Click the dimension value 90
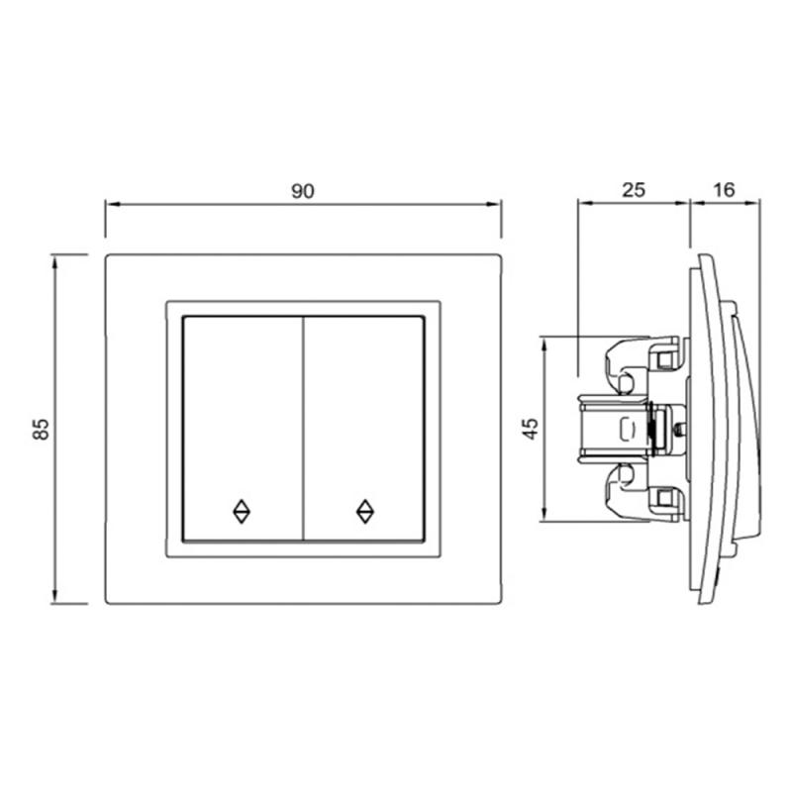pos(303,191)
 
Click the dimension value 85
pos(42,430)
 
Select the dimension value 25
pos(634,190)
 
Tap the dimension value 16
pos(724,190)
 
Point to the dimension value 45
pos(532,429)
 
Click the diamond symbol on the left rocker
pos(242,512)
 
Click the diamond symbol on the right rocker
pos(364,512)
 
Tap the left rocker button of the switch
pos(243,429)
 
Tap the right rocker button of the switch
pos(363,429)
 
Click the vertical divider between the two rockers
pos(303,429)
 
